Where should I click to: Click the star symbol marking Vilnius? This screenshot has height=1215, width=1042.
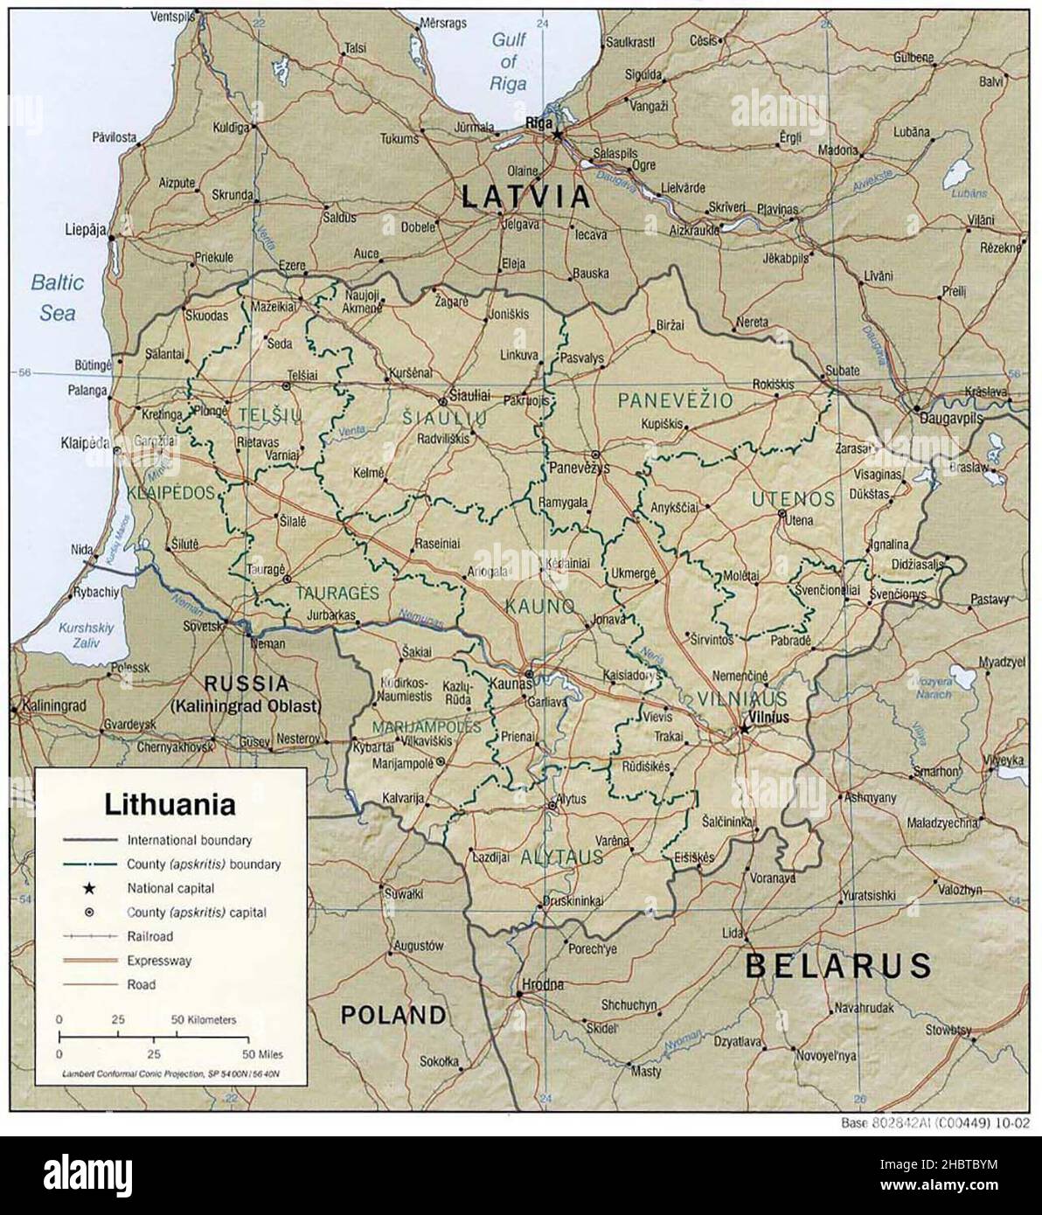click(744, 726)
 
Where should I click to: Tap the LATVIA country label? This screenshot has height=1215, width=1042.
click(526, 197)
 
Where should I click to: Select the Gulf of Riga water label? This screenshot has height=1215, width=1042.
click(509, 61)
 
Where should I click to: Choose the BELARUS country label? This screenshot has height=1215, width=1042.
click(838, 965)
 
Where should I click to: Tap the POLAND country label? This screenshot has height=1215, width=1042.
click(393, 1015)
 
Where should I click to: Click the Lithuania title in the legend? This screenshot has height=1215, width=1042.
click(170, 802)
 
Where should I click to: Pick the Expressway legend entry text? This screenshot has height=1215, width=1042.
click(158, 961)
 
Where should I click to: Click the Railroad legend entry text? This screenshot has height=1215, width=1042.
click(150, 936)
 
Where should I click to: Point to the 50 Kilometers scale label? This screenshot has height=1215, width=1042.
click(203, 1019)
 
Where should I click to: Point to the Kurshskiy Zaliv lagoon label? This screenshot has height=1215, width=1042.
click(79, 635)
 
